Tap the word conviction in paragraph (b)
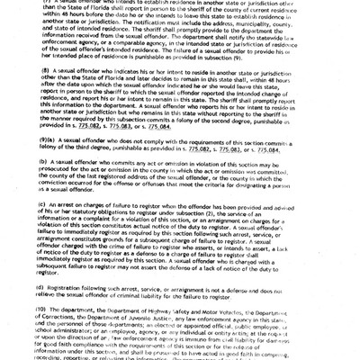59,212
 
